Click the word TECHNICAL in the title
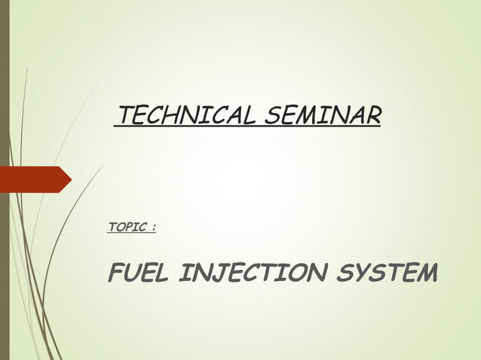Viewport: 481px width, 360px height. (x=184, y=116)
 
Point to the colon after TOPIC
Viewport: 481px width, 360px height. (x=153, y=227)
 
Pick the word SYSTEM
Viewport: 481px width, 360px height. (x=387, y=274)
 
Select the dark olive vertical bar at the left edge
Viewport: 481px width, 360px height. (x=4, y=180)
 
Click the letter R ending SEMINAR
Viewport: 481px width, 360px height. (x=372, y=116)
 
